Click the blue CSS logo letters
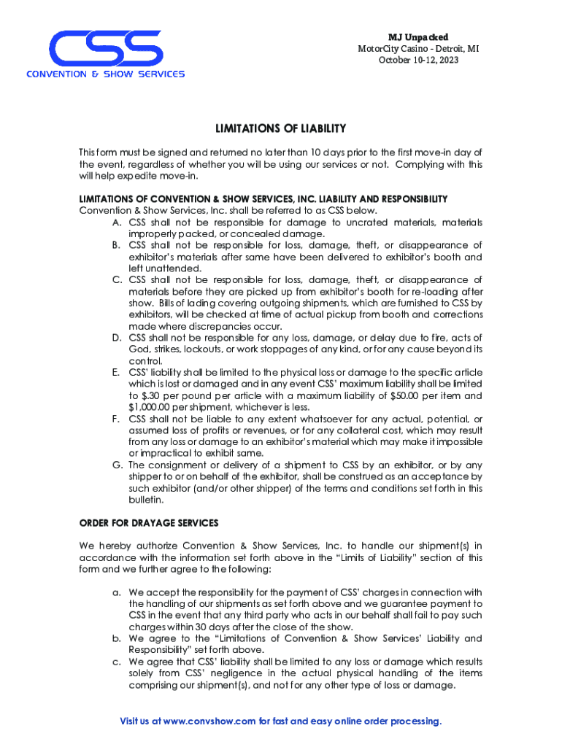tap(105, 48)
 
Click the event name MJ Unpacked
tap(417, 37)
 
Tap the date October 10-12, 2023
tap(417, 60)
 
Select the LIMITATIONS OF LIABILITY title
tap(280, 128)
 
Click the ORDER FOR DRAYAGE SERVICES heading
tap(148, 523)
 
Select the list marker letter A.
tap(117, 222)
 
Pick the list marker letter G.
tap(117, 465)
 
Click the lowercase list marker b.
tap(117, 638)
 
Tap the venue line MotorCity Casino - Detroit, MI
tap(417, 49)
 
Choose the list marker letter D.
tap(117, 338)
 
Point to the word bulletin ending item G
tap(145, 500)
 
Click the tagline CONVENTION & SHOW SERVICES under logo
tap(106, 74)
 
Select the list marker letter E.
tap(117, 372)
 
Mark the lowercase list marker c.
tap(117, 662)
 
